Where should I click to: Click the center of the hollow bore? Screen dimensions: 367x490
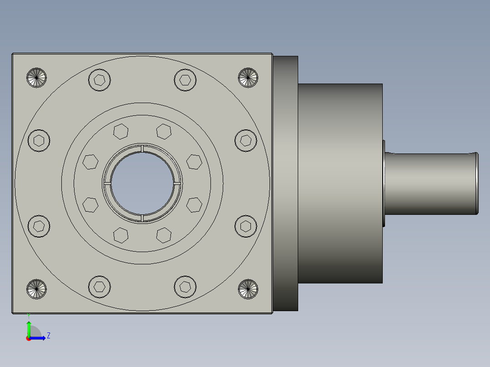[142, 183]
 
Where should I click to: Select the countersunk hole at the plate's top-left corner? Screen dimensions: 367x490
[37, 78]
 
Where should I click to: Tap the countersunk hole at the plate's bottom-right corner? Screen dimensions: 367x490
[248, 289]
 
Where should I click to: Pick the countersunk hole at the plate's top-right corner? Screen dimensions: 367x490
[248, 78]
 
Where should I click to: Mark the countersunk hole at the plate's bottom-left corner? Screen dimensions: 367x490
[37, 289]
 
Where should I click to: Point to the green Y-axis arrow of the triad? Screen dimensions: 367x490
[29, 328]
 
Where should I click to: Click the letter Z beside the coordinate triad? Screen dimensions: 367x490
[48, 336]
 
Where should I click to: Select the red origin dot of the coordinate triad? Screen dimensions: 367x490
[29, 338]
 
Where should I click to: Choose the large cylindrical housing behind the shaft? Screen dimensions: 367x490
[340, 183]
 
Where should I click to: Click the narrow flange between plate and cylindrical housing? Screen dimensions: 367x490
[285, 183]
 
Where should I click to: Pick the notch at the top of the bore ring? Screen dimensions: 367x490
[142, 149]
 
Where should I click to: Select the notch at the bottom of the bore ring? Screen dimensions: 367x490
[142, 218]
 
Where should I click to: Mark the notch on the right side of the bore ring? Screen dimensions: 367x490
[177, 183]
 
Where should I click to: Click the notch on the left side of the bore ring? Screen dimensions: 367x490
[107, 183]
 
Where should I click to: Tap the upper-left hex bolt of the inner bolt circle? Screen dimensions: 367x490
[120, 131]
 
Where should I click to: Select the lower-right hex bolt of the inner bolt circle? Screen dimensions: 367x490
[164, 235]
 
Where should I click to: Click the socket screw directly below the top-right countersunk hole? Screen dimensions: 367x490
[246, 140]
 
